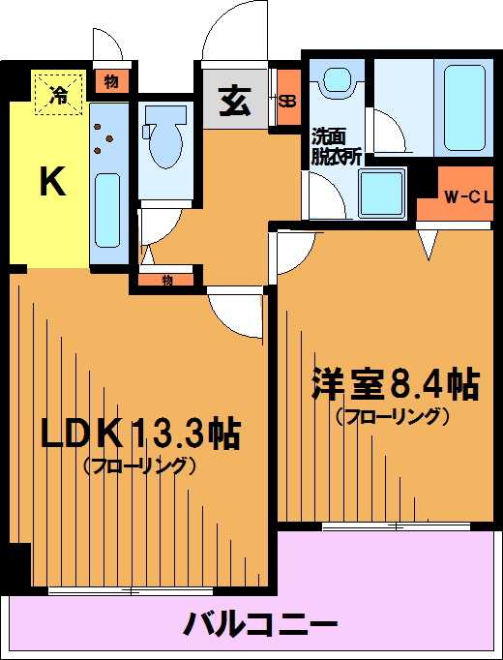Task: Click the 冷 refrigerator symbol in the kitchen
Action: pos(58,94)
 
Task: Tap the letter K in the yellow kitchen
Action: pos(53,181)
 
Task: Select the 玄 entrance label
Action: pos(235,102)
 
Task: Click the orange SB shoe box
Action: pos(289,97)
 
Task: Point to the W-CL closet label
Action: pos(468,198)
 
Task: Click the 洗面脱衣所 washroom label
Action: pos(336,147)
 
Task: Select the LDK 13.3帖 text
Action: pos(140,435)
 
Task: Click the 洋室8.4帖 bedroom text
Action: pos(395,384)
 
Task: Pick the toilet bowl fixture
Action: pos(165,136)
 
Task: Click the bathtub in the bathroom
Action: pos(464,107)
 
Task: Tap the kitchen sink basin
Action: pos(107,210)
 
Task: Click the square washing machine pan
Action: pos(383,194)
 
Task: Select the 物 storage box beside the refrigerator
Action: pos(111,82)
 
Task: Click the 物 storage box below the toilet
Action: pos(166,281)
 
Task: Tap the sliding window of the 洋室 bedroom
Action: pos(396,526)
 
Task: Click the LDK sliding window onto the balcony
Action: pos(131,591)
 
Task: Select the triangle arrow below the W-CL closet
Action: pos(429,245)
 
